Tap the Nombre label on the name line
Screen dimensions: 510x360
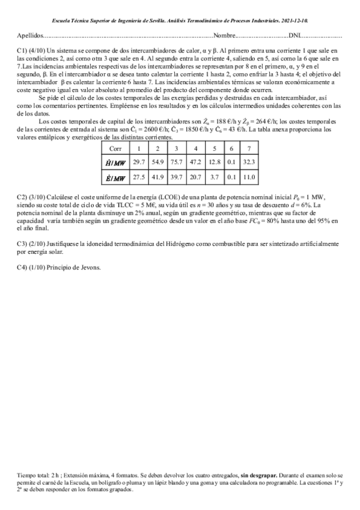click(225, 35)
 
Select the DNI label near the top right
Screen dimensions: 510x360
click(296, 35)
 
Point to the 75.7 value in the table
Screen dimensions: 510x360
click(177, 162)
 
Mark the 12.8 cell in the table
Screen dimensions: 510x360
click(215, 162)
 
